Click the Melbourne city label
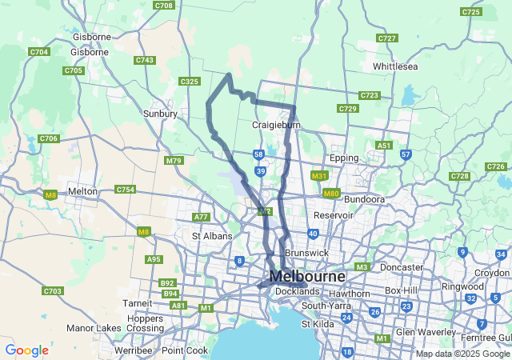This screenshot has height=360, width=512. click(x=307, y=276)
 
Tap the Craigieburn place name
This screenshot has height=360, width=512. click(x=276, y=125)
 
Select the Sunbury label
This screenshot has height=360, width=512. click(x=159, y=114)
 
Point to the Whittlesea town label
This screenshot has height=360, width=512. click(x=395, y=66)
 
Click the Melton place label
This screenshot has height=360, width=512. click(x=83, y=191)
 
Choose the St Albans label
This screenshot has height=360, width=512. click(x=212, y=236)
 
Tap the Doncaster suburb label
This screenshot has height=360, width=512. click(x=402, y=266)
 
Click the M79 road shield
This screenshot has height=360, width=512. click(x=174, y=161)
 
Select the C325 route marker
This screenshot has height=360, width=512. click(x=190, y=82)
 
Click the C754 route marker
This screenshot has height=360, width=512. click(x=125, y=190)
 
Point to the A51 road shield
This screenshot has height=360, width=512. click(x=384, y=146)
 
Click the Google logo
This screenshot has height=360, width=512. click(x=26, y=350)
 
